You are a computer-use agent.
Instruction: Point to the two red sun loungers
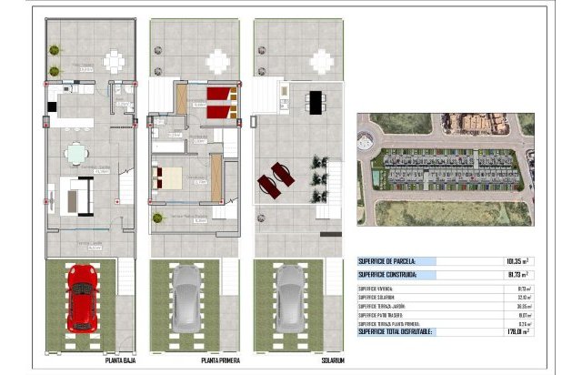tap(276, 178)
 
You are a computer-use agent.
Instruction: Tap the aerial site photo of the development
tap(445, 168)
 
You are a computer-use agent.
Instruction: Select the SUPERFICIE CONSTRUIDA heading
tap(387, 274)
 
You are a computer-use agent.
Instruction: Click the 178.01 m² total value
tap(516, 332)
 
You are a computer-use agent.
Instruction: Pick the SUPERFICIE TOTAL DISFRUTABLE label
tap(398, 332)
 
